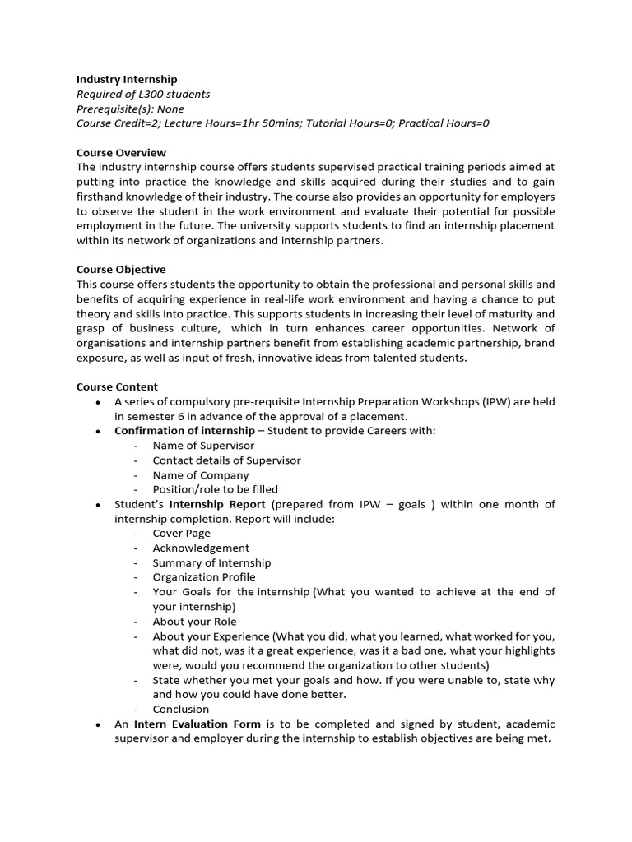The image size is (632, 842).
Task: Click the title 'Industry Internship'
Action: point(127,79)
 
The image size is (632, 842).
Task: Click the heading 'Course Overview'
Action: point(121,153)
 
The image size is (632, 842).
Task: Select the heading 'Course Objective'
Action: point(121,270)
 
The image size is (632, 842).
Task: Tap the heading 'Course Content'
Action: point(117,386)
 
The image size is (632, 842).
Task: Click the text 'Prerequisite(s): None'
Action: point(130,109)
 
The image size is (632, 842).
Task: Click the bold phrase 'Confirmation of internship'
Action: point(184,431)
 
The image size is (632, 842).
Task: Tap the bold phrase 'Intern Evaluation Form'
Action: point(197,724)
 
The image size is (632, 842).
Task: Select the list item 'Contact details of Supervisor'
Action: point(226,460)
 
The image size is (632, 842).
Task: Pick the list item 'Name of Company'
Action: point(200,475)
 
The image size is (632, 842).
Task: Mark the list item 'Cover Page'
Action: point(181,533)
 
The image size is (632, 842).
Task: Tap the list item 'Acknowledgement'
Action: point(201,548)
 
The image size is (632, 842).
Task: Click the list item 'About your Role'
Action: point(194,622)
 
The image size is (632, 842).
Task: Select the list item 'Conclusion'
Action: point(180,709)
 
